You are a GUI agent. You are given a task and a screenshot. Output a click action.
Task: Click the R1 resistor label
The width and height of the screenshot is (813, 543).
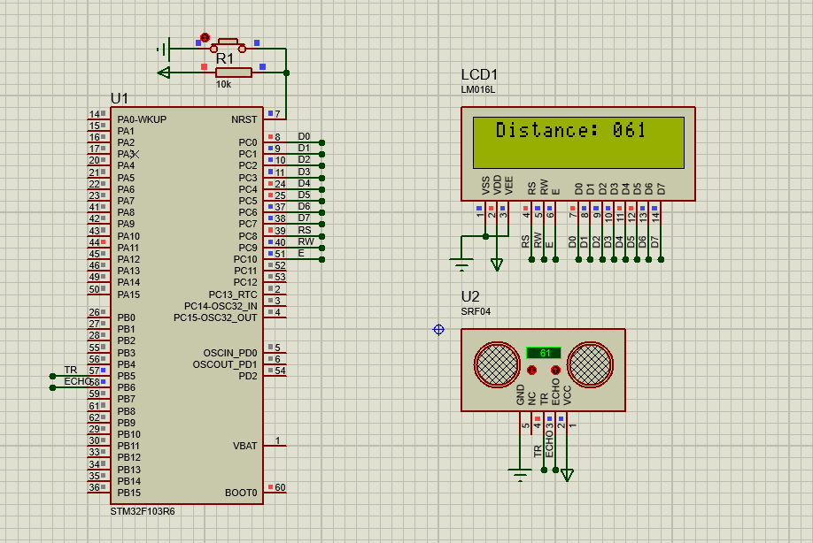click(225, 57)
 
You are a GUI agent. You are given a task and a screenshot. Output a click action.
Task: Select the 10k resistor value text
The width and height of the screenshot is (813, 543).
click(223, 85)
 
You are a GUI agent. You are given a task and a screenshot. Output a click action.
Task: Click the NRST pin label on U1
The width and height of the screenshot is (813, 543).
click(244, 119)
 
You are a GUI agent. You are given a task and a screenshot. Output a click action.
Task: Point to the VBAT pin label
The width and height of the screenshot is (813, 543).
click(245, 446)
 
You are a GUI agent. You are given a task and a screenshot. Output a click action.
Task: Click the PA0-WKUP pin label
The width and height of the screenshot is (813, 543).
click(142, 119)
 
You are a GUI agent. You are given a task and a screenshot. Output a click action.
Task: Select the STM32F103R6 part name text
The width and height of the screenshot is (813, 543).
click(143, 511)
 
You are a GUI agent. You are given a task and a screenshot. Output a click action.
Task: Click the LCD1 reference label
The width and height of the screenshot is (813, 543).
click(479, 75)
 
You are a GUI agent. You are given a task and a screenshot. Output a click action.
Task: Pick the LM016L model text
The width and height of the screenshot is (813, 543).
click(478, 90)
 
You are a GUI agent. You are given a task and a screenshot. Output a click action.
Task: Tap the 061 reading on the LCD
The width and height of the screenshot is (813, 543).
click(630, 131)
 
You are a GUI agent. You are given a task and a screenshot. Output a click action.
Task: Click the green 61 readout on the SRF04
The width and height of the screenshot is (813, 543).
click(545, 353)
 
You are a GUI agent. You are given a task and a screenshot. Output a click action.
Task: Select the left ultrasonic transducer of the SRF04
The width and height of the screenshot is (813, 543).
click(497, 363)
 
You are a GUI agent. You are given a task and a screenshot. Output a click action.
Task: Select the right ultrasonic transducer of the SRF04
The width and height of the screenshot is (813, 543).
click(590, 363)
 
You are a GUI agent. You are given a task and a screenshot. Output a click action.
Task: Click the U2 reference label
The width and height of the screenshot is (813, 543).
click(470, 296)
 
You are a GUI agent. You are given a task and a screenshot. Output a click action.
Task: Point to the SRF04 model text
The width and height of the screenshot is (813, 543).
click(476, 311)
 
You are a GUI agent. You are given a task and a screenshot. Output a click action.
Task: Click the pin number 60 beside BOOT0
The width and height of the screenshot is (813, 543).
click(280, 487)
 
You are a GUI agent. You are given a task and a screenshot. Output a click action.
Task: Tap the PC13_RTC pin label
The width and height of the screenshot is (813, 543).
click(233, 294)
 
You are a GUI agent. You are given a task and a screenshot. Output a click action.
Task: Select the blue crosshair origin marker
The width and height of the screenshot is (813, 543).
click(438, 330)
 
